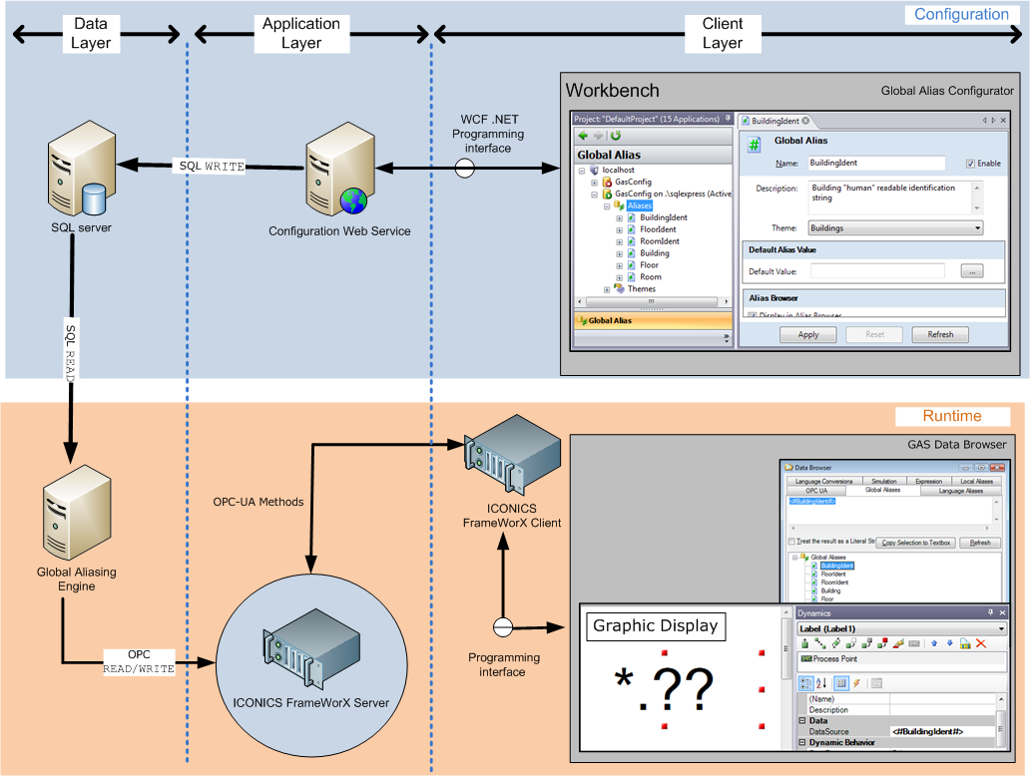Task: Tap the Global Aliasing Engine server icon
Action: (75, 519)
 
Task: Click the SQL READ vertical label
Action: (71, 349)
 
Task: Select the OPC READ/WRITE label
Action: (139, 661)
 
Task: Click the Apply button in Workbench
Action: (808, 334)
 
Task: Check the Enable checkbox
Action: (970, 164)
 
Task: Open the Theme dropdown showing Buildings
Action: (896, 228)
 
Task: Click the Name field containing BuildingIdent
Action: (874, 163)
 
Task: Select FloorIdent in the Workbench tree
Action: (658, 229)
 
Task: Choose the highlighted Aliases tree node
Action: (639, 205)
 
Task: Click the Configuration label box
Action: (961, 14)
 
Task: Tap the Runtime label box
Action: (951, 416)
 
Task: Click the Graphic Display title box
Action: (655, 625)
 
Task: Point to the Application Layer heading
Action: (300, 33)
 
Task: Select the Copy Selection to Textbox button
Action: (916, 543)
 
